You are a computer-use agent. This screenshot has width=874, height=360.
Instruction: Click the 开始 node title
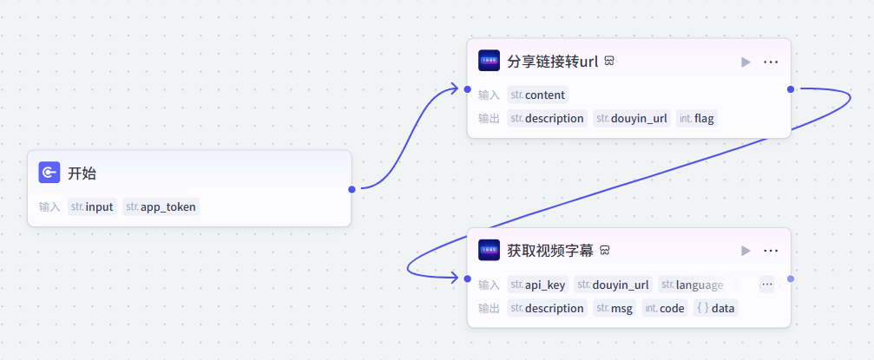[x=82, y=173]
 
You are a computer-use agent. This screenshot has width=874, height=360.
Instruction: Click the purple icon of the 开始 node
[x=49, y=173]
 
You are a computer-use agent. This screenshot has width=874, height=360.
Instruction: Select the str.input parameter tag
[x=93, y=206]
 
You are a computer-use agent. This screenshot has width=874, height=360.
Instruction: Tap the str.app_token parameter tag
[x=161, y=206]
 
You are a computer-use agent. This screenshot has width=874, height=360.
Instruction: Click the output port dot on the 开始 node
[x=352, y=188]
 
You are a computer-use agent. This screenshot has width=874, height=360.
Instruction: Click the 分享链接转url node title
[x=553, y=62]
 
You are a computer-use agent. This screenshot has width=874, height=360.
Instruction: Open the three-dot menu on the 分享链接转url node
[x=771, y=62]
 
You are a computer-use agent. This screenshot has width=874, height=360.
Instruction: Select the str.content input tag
[x=538, y=95]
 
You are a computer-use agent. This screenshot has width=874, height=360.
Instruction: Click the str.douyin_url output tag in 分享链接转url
[x=631, y=118]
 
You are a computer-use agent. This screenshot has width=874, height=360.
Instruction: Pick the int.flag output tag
[x=696, y=118]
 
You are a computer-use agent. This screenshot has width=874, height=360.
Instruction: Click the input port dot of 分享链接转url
[x=467, y=89]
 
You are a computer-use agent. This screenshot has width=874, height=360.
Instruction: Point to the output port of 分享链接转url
[x=791, y=89]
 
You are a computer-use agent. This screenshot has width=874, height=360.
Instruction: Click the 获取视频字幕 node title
[x=550, y=251]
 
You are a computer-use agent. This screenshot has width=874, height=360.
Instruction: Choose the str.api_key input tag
[x=538, y=285]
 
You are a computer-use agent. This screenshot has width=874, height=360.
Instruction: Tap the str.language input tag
[x=692, y=285]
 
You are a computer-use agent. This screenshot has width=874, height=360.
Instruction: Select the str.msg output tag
[x=614, y=308]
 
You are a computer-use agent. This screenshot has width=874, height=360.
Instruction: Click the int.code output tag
[x=665, y=308]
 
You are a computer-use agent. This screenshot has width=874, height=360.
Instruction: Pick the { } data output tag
[x=715, y=308]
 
